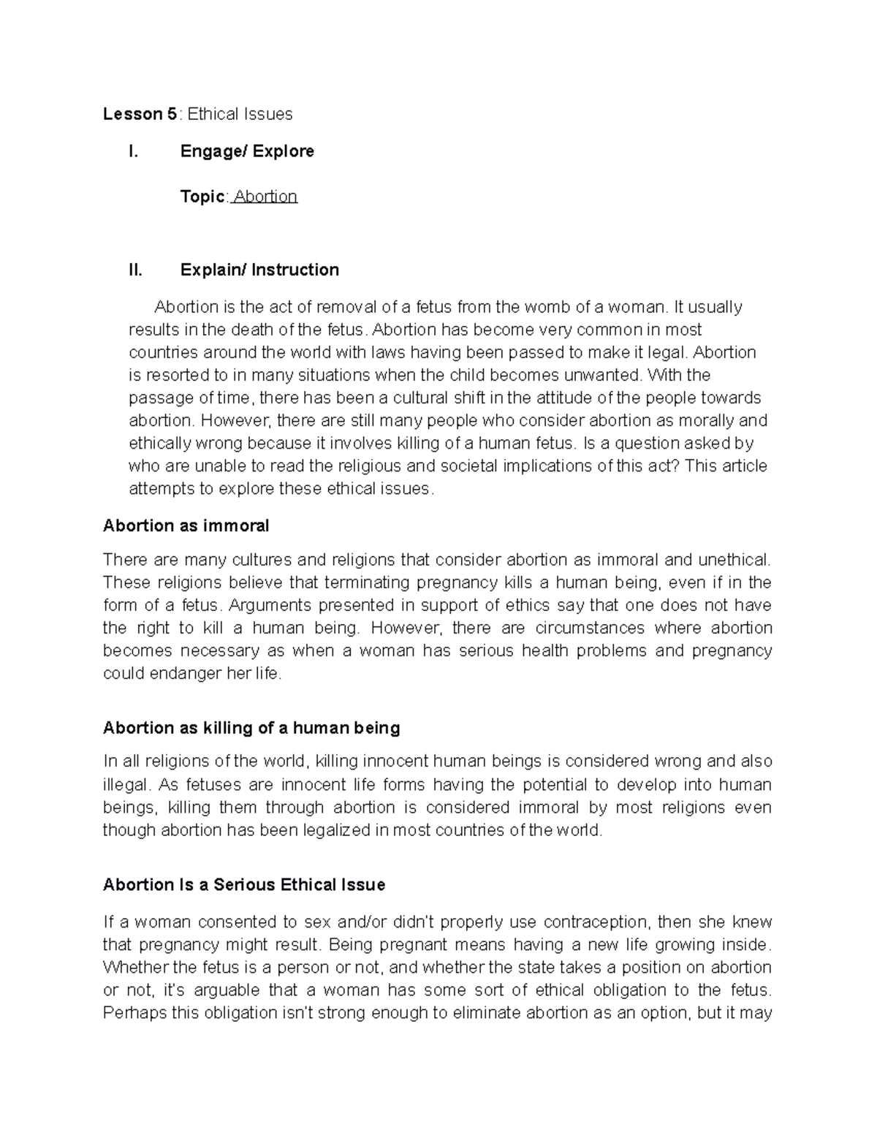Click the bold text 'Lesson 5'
(140, 114)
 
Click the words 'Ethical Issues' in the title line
(240, 114)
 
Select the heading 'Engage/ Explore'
(247, 151)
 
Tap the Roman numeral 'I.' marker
(133, 151)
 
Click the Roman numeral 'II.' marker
(135, 270)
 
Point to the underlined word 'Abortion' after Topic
(265, 196)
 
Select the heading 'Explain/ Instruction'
(259, 270)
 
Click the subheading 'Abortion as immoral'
(186, 525)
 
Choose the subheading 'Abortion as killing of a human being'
(251, 728)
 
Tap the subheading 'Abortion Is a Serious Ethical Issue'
(244, 885)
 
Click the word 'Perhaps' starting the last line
(131, 1013)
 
